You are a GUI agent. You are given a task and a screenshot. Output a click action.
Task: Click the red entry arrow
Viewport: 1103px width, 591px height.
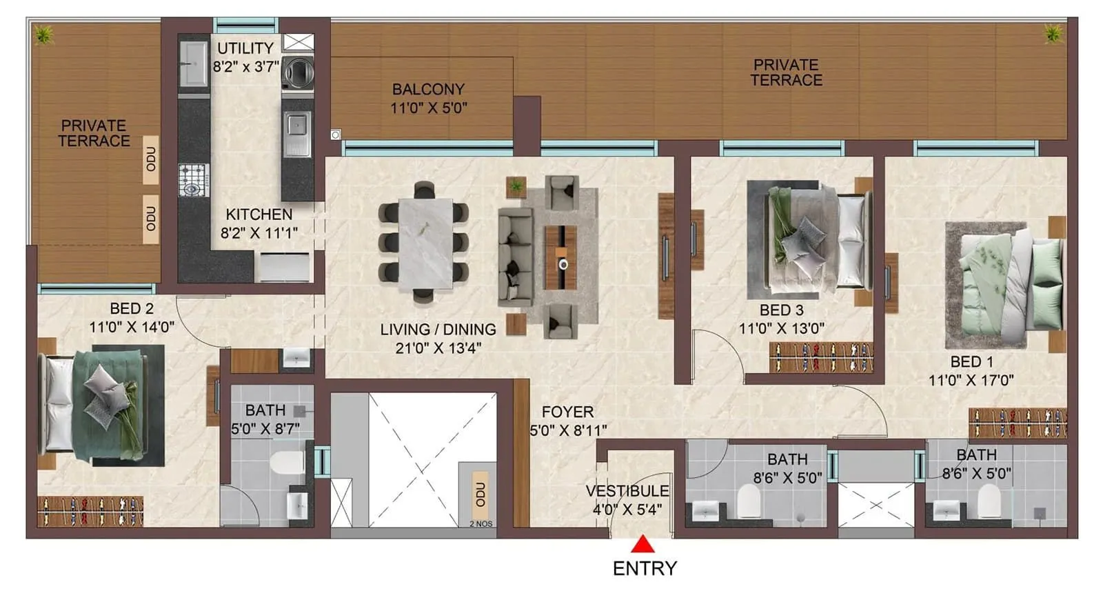pyautogui.click(x=642, y=545)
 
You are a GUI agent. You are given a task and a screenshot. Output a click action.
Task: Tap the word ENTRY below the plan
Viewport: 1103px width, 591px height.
pyautogui.click(x=645, y=568)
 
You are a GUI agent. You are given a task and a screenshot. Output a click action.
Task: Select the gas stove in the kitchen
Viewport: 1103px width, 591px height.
pyautogui.click(x=193, y=181)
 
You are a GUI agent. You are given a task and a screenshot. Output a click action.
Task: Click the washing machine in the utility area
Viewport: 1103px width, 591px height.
pyautogui.click(x=298, y=72)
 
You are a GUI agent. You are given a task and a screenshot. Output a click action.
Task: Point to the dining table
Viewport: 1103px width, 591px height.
pyautogui.click(x=425, y=243)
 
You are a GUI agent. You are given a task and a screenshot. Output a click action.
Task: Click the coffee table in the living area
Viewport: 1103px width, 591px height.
pyautogui.click(x=560, y=257)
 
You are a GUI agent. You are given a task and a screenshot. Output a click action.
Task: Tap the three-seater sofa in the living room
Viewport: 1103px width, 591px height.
pyautogui.click(x=515, y=257)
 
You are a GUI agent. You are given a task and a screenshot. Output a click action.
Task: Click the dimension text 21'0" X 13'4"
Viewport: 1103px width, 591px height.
pyautogui.click(x=438, y=348)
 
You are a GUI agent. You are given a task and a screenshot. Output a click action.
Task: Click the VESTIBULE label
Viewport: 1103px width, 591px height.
pyautogui.click(x=627, y=491)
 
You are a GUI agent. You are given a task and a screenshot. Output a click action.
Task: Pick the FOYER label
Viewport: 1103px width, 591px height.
pyautogui.click(x=567, y=412)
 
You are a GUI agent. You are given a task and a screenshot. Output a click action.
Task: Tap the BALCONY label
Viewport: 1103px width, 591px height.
pyautogui.click(x=428, y=89)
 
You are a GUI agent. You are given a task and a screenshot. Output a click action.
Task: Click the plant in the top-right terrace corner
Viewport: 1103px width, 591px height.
pyautogui.click(x=1053, y=32)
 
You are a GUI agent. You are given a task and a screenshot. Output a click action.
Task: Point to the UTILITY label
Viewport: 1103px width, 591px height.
pyautogui.click(x=245, y=48)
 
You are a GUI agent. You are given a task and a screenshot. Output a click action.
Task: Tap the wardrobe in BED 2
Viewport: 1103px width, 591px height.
pyautogui.click(x=90, y=511)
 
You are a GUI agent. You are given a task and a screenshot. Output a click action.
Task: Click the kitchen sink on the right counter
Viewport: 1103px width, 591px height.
pyautogui.click(x=297, y=126)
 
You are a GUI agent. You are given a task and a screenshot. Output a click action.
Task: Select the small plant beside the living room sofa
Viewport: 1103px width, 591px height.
pyautogui.click(x=516, y=185)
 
